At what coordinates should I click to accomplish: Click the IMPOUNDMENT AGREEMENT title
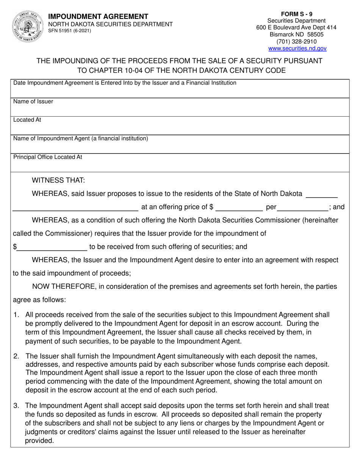[x=98, y=17]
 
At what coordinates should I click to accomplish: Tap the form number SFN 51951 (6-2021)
[x=69, y=31]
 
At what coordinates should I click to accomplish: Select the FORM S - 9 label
[x=297, y=14]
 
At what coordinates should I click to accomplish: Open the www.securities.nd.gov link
[x=297, y=48]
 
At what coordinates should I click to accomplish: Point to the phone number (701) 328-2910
[x=297, y=42]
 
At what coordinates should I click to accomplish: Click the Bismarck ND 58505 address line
[x=297, y=34]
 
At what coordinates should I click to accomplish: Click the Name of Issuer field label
[x=33, y=102]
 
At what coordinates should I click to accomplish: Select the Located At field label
[x=27, y=120]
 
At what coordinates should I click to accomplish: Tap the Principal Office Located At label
[x=48, y=157]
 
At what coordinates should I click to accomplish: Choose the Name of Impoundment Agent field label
[x=81, y=138]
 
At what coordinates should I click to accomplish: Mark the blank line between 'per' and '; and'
[x=303, y=207]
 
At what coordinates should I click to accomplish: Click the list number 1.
[x=16, y=314]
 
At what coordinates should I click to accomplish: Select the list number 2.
[x=16, y=356]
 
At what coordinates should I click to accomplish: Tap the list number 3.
[x=16, y=406]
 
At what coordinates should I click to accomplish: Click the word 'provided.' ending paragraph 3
[x=39, y=441]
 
